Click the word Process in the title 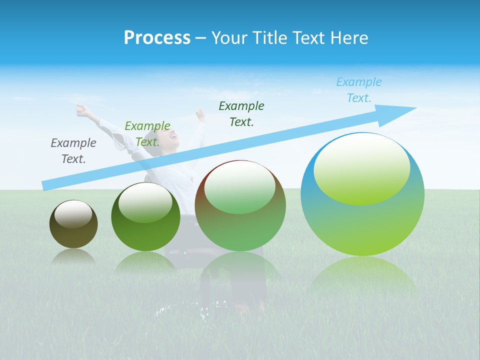coord(157,38)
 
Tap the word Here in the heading coord(348,38)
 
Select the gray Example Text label coord(73,150)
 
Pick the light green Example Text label coord(147,133)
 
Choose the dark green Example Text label coord(241,113)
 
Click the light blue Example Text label coord(359,89)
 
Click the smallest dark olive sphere coord(73,235)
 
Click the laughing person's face coord(173,138)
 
